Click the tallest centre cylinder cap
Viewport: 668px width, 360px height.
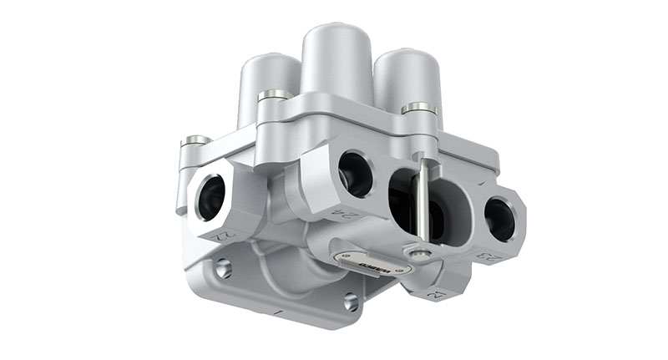pos(336,58)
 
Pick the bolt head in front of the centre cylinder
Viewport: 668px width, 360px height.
pos(275,95)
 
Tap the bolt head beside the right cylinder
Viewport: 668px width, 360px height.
pos(417,108)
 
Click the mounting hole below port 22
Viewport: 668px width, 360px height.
pos(223,268)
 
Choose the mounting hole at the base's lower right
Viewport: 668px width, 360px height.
pos(352,302)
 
